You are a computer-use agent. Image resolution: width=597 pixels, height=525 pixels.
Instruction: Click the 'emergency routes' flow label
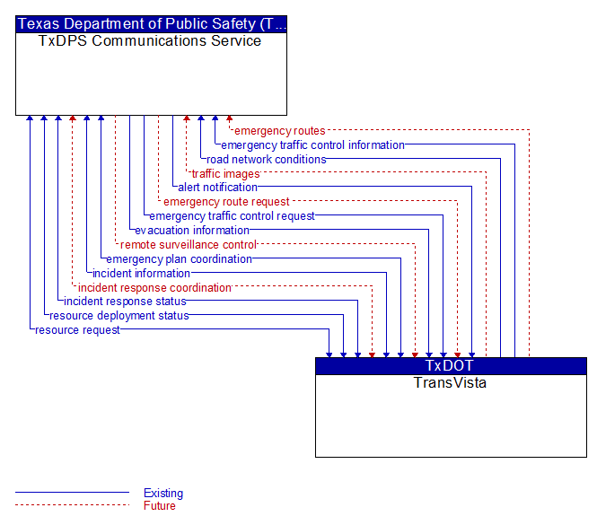(x=279, y=131)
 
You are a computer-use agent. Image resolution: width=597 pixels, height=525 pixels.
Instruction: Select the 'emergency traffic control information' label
(x=312, y=145)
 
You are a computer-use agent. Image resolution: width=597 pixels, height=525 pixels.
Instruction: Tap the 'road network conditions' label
(x=266, y=159)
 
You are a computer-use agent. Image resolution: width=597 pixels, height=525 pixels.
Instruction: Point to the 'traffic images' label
(x=225, y=174)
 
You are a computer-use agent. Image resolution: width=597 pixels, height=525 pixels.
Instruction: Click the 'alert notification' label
(x=217, y=188)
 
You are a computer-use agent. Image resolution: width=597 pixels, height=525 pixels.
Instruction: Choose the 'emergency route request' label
(x=226, y=202)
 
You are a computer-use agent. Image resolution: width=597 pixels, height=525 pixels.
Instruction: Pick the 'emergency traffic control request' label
(x=232, y=216)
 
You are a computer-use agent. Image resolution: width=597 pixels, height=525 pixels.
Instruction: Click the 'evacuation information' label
(x=192, y=231)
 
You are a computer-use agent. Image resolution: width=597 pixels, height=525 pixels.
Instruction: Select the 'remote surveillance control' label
(x=189, y=244)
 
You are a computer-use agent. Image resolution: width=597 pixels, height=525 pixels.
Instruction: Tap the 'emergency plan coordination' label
(x=179, y=259)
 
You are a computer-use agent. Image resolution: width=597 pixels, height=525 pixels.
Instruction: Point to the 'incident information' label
(x=141, y=274)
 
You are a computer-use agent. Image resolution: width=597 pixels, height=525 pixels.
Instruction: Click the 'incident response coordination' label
(x=154, y=288)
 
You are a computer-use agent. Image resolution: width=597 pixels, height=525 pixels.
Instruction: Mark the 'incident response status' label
(x=125, y=302)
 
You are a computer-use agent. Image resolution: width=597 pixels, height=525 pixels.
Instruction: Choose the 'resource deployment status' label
(x=119, y=316)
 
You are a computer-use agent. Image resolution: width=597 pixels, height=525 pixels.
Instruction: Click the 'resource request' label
(x=77, y=330)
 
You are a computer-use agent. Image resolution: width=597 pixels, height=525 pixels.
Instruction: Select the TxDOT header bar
(x=451, y=366)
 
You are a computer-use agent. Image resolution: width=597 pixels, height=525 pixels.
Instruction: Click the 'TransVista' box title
(x=450, y=382)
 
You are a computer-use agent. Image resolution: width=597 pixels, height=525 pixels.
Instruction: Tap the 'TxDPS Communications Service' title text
(x=150, y=41)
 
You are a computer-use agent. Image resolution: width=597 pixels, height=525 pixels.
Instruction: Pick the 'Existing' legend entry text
(x=163, y=493)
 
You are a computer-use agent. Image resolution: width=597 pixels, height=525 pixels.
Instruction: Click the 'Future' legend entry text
(x=160, y=506)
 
